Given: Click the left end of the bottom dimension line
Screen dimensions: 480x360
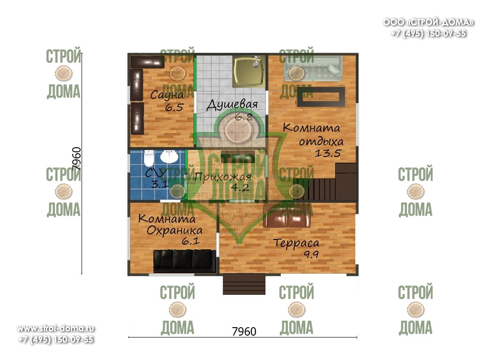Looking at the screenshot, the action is click(128, 337).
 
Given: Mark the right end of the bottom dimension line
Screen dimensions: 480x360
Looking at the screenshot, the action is click(357, 337).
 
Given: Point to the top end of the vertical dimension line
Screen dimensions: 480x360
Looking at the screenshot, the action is click(82, 53).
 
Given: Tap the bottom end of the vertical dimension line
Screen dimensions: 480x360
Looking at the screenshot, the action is click(82, 274).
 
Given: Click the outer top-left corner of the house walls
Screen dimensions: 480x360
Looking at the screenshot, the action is click(128, 53).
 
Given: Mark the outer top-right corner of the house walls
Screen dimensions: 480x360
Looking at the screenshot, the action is click(358, 53).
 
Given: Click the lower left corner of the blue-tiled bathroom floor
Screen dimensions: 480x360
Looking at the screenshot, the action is click(130, 200).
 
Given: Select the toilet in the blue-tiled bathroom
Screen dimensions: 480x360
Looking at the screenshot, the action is click(149, 157).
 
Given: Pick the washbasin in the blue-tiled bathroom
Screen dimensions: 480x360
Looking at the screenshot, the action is click(169, 157).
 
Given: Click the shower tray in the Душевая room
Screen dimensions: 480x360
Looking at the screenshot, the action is click(249, 71).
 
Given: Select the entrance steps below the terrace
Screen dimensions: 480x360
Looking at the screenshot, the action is click(244, 284).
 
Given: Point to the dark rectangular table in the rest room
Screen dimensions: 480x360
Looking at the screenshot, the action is click(321, 97).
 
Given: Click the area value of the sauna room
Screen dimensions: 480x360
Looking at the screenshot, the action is click(174, 107).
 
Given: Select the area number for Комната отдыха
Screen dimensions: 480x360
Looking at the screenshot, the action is click(328, 153).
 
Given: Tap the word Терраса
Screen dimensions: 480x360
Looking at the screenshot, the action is click(296, 243).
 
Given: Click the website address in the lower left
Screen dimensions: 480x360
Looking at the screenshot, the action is click(56, 329).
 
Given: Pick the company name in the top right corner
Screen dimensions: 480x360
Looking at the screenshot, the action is click(428, 22).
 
